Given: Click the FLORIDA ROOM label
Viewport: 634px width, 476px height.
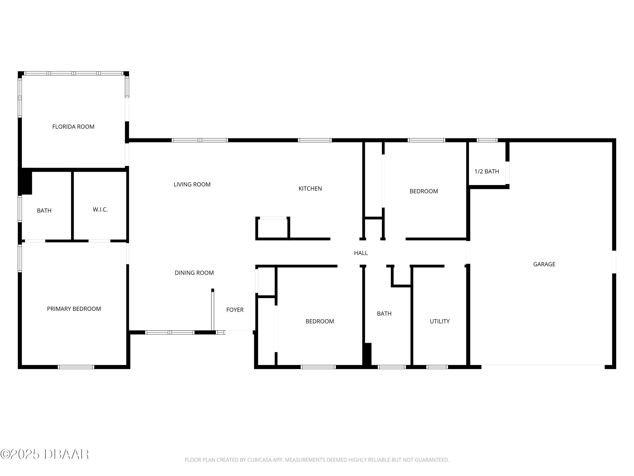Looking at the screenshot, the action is click(73, 127).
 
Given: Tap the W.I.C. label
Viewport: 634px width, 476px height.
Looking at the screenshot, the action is click(100, 209).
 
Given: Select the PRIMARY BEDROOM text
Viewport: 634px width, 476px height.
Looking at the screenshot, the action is click(74, 309).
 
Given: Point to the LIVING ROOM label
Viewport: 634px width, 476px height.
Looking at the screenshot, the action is click(192, 184).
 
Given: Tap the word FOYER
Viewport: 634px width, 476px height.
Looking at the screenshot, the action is click(235, 310).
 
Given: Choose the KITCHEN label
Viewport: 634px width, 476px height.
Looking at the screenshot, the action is click(310, 188).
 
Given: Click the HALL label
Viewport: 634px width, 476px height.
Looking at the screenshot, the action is click(361, 253).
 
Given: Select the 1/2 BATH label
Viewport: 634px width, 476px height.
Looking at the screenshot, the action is click(487, 171).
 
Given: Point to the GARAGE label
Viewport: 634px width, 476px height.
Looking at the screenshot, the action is click(544, 264).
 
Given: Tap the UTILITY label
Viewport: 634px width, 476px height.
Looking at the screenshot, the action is click(440, 321).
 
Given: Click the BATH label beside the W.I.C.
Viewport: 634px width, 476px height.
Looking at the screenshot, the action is click(44, 210).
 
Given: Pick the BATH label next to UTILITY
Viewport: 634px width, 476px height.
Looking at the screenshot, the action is click(384, 314).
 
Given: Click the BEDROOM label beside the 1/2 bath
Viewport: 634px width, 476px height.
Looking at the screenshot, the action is click(424, 191).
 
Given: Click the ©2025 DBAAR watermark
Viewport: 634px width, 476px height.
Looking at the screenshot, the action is click(44, 454).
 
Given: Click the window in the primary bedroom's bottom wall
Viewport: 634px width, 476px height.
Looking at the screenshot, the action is click(76, 367).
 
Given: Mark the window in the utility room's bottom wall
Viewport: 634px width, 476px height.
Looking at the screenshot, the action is click(437, 367).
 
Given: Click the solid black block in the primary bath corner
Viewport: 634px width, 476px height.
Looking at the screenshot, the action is click(25, 182).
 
